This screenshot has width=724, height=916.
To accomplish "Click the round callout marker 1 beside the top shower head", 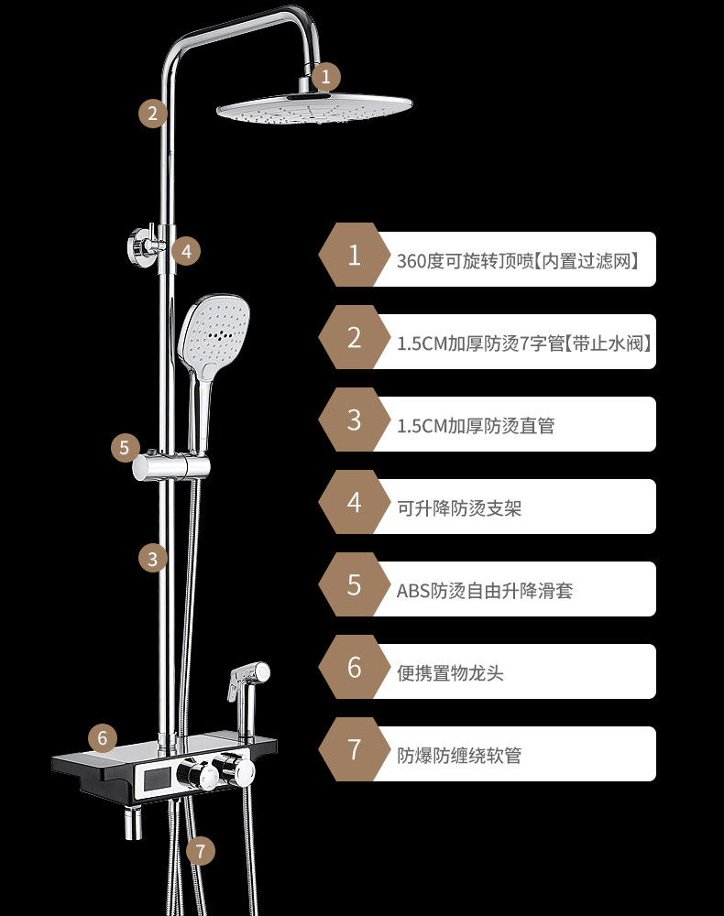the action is (326, 77).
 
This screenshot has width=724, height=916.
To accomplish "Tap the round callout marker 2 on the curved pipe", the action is (152, 114).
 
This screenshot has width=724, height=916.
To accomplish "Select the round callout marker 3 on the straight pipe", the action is (152, 559).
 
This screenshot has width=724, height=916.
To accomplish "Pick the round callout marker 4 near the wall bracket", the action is (186, 251).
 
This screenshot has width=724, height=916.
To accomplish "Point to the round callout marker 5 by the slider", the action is (125, 448).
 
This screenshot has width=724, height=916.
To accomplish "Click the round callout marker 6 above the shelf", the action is (103, 737).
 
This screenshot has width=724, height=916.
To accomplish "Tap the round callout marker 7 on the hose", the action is (201, 851).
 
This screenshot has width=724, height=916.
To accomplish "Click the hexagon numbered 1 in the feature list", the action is (354, 255).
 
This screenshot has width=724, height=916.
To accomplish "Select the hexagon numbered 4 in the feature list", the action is (354, 502).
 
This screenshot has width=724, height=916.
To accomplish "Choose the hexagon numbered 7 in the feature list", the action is (354, 749).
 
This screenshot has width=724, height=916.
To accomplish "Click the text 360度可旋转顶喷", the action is (466, 260).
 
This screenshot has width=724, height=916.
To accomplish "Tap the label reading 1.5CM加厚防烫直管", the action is (476, 425).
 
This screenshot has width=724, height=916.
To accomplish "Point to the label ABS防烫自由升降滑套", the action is (485, 591).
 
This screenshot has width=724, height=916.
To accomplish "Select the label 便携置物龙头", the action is (450, 673).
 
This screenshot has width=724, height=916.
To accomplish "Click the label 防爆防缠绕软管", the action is (459, 756).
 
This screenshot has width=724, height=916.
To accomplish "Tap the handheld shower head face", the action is (214, 332).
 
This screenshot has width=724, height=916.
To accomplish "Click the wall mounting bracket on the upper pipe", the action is (145, 245).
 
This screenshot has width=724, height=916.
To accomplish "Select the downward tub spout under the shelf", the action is (133, 822).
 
